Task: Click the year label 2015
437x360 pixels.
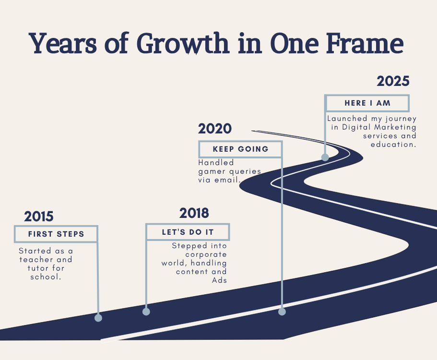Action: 39,216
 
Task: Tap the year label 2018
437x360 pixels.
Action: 194,213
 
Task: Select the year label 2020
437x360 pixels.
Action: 215,129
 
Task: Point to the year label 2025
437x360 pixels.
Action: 393,81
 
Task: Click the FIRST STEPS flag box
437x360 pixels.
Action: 56,234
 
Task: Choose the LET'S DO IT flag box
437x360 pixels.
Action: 188,232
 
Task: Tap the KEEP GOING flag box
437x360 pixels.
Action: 240,149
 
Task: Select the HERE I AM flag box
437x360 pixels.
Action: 367,103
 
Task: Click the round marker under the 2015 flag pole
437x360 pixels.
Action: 98,318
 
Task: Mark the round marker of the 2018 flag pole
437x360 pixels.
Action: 146,312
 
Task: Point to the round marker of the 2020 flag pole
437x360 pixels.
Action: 282,312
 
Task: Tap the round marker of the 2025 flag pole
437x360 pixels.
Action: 325,157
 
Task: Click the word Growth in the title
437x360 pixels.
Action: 183,44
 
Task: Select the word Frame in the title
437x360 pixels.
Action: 365,43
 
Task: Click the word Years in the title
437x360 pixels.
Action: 63,43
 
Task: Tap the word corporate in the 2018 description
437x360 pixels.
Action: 206,254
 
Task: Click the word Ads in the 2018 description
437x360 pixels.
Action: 219,280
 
